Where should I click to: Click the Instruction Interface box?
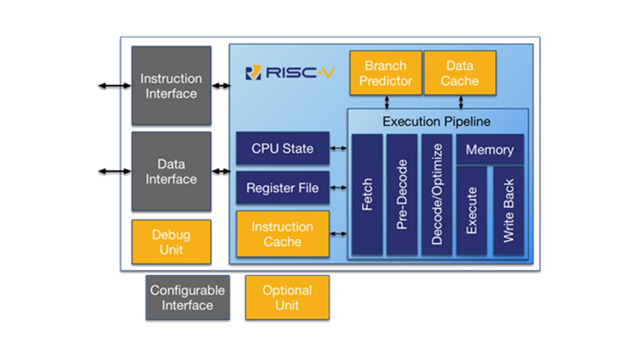tap(172, 86)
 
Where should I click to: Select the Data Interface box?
tap(172, 172)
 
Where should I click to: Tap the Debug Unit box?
tap(172, 241)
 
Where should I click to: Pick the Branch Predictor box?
tap(386, 73)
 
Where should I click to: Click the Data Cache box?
tap(459, 73)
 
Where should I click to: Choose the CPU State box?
tap(282, 148)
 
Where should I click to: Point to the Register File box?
tap(282, 188)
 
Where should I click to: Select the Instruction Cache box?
tap(282, 234)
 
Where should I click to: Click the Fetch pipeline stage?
tap(366, 195)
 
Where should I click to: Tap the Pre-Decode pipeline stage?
tap(401, 195)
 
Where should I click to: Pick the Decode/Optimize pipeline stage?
tap(437, 195)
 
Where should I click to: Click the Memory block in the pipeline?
tap(490, 150)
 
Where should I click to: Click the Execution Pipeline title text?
tap(436, 121)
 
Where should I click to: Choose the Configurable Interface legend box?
tap(188, 297)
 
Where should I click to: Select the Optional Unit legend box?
tap(287, 297)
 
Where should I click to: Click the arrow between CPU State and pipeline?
tap(339, 148)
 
